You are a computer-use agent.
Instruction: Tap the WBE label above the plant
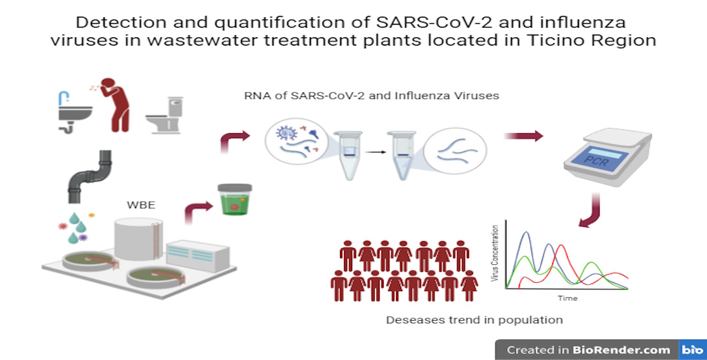141,205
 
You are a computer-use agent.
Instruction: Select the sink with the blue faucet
74,112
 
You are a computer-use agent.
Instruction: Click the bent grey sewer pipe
90,177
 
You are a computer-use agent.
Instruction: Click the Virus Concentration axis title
496,253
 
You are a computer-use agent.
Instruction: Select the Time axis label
568,298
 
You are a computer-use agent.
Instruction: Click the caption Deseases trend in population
474,320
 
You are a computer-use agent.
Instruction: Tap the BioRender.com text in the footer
622,350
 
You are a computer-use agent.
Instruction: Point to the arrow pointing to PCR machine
523,136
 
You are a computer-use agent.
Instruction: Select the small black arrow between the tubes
375,152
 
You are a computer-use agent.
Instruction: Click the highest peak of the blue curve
525,232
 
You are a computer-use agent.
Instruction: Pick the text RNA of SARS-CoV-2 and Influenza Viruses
371,96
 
